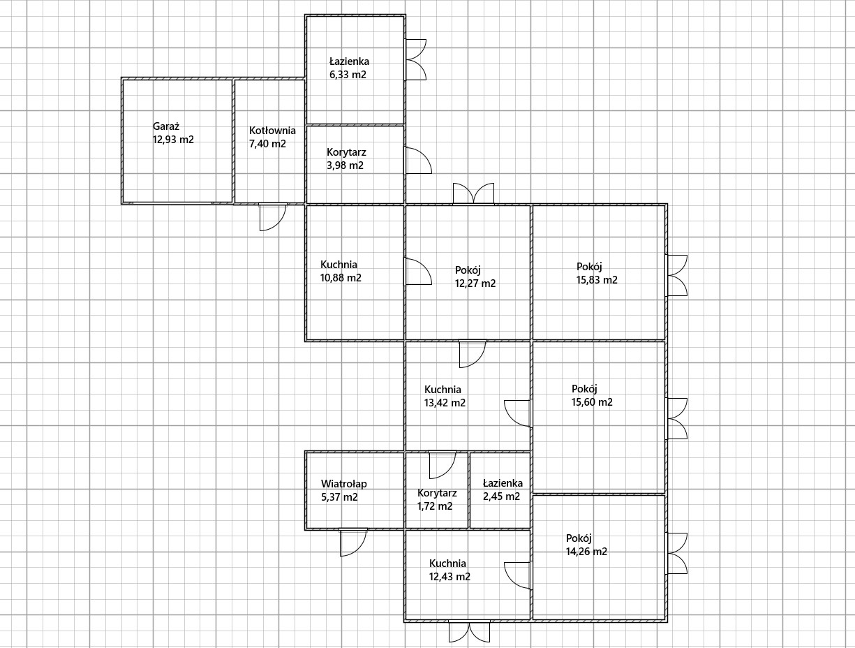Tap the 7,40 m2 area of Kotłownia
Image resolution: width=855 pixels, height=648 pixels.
pos(267,144)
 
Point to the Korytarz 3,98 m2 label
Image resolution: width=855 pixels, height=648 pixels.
pos(346,159)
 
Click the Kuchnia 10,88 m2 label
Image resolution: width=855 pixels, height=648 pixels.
pos(341,271)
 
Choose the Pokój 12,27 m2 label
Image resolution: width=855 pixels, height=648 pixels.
pos(475,277)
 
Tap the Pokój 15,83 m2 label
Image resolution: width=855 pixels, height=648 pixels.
pos(597,273)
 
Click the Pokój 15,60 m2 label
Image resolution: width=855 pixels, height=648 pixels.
pos(592,395)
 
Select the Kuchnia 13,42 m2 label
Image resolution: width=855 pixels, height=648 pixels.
pos(445,396)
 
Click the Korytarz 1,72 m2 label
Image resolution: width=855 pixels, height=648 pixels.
pos(437,499)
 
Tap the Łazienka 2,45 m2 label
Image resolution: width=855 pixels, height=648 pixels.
pos(503,489)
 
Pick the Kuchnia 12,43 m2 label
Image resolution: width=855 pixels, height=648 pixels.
pos(449,570)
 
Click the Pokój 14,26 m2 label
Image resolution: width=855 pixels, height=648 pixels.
pos(586,545)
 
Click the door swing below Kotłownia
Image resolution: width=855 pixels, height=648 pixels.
pos(273,216)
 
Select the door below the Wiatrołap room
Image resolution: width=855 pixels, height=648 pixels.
pos(353,542)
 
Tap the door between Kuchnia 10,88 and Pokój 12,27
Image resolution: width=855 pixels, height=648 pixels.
pos(417,271)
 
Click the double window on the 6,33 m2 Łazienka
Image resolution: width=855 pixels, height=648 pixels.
pos(415,59)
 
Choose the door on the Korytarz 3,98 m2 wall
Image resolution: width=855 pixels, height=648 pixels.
pos(418,160)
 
